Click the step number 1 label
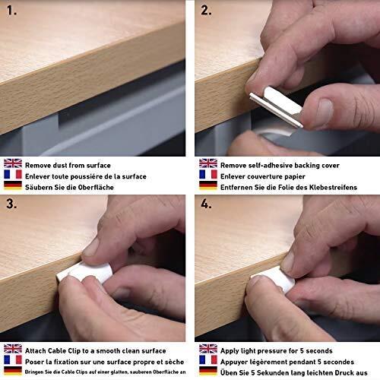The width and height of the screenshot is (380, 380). [x=11, y=11]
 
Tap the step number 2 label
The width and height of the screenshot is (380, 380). [x=206, y=11]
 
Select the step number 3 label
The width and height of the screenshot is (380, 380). [x=11, y=204]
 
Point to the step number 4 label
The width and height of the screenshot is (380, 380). [x=206, y=204]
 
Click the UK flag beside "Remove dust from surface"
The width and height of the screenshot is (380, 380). [x=13, y=163]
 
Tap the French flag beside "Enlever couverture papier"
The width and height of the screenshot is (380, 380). [x=208, y=174]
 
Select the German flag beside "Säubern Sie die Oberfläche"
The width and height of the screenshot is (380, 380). [x=13, y=185]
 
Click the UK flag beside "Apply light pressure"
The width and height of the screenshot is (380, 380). [x=208, y=349]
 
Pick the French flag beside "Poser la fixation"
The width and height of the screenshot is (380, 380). [x=13, y=359]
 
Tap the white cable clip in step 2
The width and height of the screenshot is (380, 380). [x=277, y=106]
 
